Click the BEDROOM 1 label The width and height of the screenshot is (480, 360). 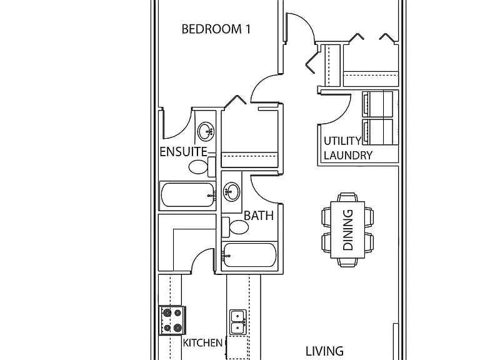coord(216,29)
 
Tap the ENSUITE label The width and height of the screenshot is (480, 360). coord(183,152)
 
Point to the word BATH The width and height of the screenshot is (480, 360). coord(259,216)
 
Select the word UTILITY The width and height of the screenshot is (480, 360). coord(342,141)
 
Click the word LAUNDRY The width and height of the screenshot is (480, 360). coord(348,156)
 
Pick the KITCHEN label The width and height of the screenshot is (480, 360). coord(202,343)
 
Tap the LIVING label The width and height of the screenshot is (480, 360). coord(324,351)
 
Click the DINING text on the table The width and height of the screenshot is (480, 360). coord(347,230)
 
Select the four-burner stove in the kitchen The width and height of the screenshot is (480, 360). coord(172,321)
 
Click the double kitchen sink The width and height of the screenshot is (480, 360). coord(238,322)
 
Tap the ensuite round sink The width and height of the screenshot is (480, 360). coord(206,132)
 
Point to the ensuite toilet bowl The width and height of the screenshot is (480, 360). coord(197,167)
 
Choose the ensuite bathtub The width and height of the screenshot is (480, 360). coord(188,195)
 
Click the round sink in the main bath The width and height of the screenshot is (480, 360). coord(231,192)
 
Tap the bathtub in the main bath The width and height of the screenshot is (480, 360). coord(249,255)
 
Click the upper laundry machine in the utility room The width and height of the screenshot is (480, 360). coord(377,104)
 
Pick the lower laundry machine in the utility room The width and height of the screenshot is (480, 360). coord(377,132)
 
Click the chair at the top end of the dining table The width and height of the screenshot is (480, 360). coord(347,197)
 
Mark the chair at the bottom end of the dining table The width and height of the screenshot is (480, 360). coord(347,262)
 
